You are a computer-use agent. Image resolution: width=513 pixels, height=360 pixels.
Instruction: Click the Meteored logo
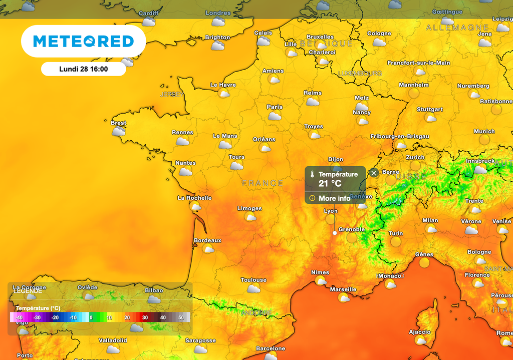coord(83,41)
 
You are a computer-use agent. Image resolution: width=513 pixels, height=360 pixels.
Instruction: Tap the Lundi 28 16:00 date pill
coord(83,69)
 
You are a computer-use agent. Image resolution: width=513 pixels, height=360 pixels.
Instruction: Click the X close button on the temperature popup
coord(374,173)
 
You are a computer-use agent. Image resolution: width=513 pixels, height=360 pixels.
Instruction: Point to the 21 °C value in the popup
coord(330,184)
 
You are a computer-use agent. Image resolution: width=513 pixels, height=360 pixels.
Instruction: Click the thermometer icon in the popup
coord(312,174)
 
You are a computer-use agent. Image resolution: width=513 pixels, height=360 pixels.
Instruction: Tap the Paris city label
coord(275,107)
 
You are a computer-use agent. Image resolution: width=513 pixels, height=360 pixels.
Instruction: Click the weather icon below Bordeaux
coord(208,249)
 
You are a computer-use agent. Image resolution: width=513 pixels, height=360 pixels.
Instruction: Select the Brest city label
coord(119,123)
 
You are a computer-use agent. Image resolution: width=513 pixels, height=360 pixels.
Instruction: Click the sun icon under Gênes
coord(425,263)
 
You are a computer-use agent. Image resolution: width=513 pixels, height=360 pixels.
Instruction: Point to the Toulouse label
coord(253,280)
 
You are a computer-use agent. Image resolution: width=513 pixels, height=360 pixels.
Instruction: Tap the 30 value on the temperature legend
coord(145,317)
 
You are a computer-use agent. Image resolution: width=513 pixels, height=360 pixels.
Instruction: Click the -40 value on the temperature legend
coord(19,317)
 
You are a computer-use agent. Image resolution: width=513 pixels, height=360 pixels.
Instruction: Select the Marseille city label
coord(343,289)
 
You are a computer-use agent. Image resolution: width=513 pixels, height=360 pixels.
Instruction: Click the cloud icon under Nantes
coord(185,171)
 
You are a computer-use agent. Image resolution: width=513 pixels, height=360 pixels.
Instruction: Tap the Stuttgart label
coord(430,109)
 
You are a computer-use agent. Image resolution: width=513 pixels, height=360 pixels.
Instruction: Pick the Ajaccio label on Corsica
coord(420,332)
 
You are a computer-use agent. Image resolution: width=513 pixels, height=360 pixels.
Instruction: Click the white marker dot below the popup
coord(335,233)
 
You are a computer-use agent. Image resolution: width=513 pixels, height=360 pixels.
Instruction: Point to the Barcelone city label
coord(271,348)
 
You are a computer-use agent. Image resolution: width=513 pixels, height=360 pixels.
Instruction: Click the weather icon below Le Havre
coord(224,93)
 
